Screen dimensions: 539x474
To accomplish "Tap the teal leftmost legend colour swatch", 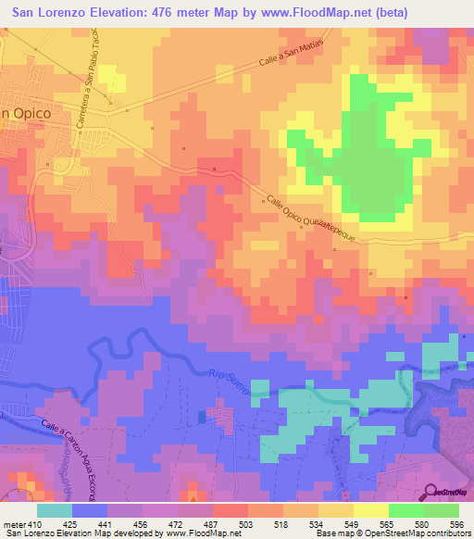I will click(55, 509).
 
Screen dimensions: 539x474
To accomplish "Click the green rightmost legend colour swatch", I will click(442, 509).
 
